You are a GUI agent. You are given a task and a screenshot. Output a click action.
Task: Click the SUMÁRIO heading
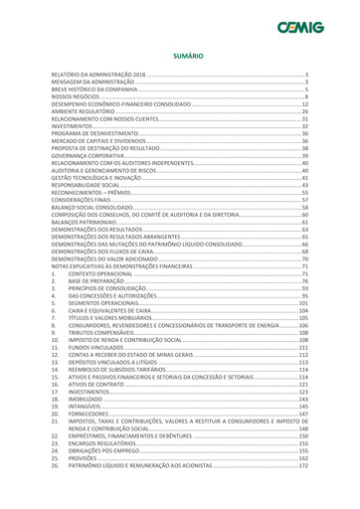180,57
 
